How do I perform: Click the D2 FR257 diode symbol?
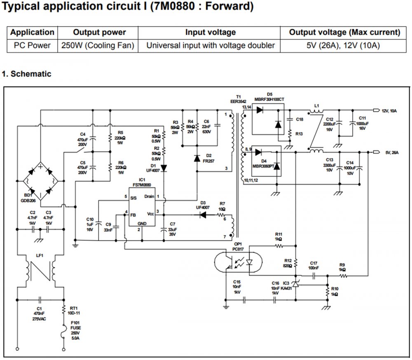(197, 157)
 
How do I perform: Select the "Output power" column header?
(99, 32)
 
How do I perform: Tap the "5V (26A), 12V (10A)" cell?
(344, 45)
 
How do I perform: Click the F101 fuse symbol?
(64, 330)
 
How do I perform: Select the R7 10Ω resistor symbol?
(222, 215)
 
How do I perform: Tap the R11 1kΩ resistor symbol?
(279, 246)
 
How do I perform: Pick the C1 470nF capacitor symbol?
(40, 299)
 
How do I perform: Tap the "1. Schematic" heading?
(26, 74)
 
